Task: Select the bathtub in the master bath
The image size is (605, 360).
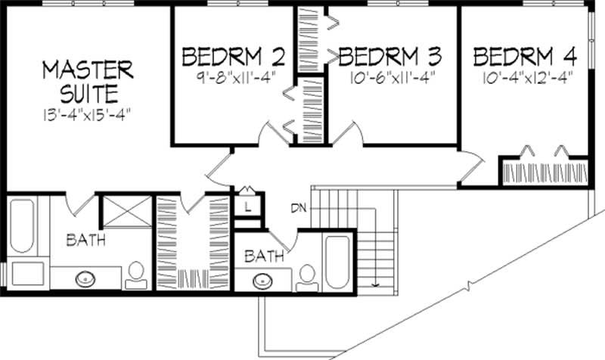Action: [x=22, y=226]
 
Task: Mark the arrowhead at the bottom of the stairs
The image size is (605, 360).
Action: [x=375, y=285]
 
